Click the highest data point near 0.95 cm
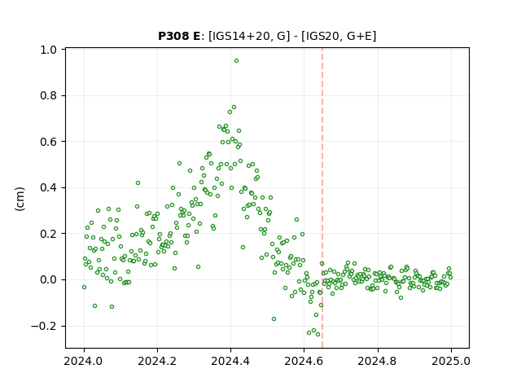coord(236,61)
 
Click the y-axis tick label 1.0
coord(49,50)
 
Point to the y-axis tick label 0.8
coord(49,96)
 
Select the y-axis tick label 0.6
coord(49,142)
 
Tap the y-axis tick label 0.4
coord(49,188)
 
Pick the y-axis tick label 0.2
coord(49,234)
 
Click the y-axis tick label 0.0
coord(49,279)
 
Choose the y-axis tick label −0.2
coord(44,326)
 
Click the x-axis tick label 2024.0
coord(84,361)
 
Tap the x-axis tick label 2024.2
coord(157,361)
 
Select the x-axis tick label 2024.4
coord(230,361)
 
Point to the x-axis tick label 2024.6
coord(304,361)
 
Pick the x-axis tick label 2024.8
coord(378,361)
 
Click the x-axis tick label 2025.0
coord(451,361)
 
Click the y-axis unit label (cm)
coord(20,199)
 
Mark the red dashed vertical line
coord(322,198)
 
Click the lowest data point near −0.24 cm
coord(318,334)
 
